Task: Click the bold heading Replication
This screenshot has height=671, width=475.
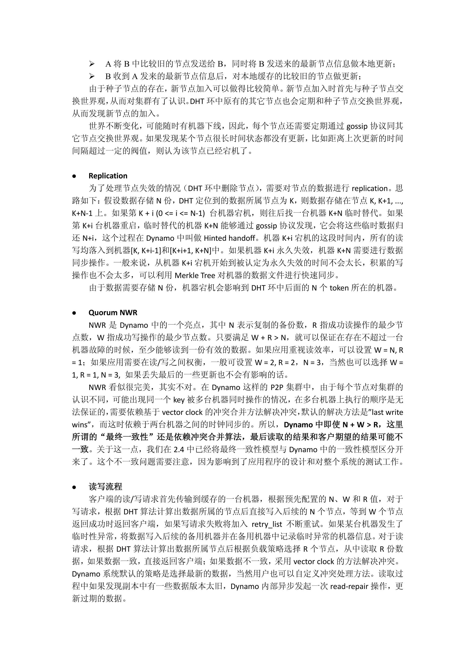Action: (108, 176)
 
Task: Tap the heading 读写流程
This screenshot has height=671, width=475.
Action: (105, 487)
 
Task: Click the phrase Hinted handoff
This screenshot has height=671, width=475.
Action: (229, 238)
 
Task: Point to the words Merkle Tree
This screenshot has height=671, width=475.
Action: (195, 275)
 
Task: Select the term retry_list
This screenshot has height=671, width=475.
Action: (267, 524)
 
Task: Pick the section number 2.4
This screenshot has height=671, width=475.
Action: (179, 449)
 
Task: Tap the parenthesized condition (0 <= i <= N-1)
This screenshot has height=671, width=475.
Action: (180, 213)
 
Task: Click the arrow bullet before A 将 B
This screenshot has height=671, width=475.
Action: (92, 64)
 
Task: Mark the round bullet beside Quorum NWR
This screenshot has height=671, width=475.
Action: (74, 313)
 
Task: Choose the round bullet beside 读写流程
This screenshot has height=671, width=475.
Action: (74, 487)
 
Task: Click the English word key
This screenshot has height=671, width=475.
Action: (179, 400)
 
